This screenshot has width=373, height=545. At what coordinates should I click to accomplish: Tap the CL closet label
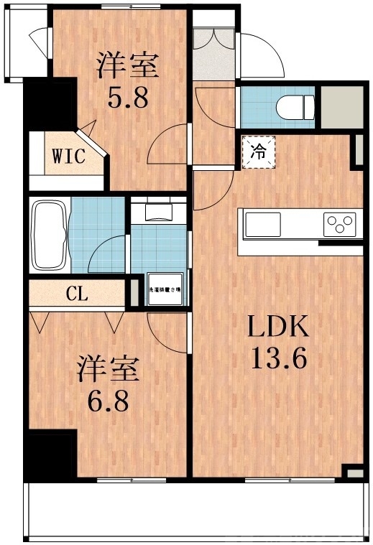(x=78, y=294)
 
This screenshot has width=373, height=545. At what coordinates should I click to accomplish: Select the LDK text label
(x=278, y=329)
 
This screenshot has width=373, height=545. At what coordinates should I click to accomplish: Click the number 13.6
(x=278, y=357)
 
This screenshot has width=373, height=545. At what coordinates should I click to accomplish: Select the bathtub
(x=50, y=235)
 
